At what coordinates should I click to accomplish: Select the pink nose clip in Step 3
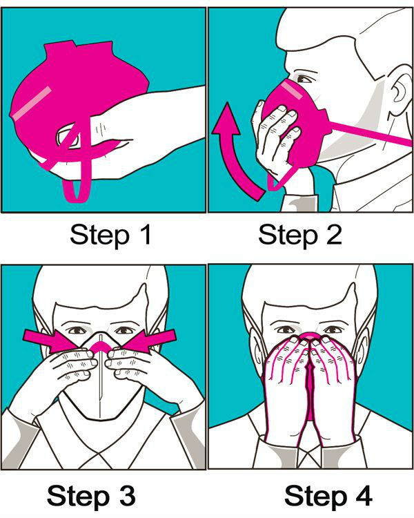click(103, 343)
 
